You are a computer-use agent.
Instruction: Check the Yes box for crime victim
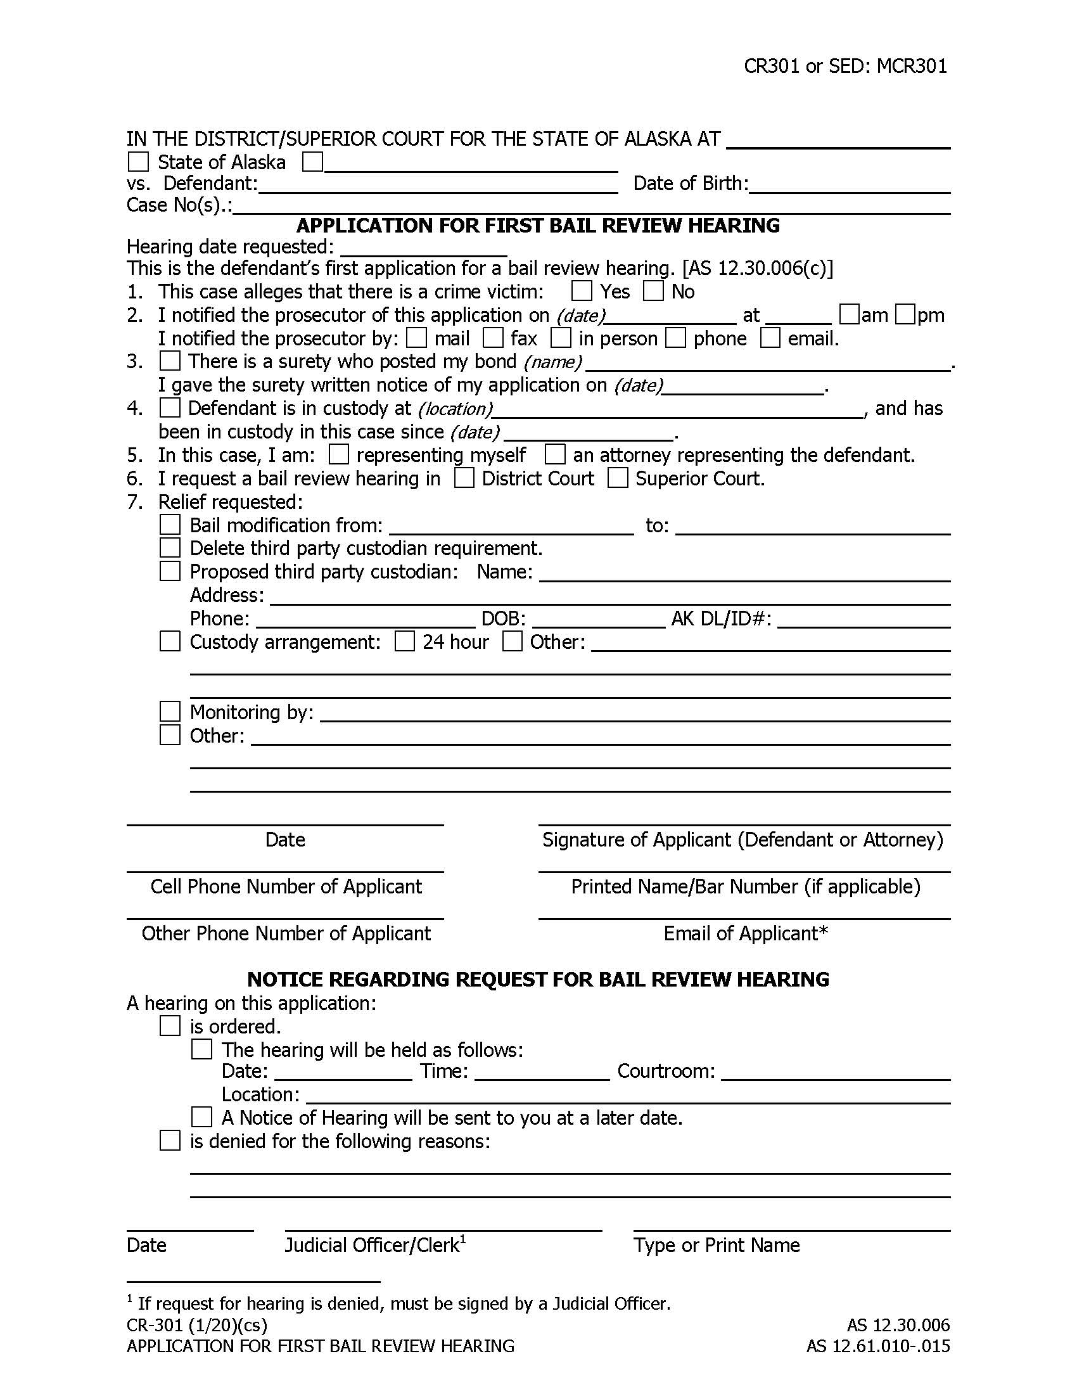click(581, 291)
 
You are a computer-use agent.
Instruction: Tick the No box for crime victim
click(653, 291)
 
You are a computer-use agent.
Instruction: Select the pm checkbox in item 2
click(905, 314)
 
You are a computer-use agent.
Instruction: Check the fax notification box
click(492, 338)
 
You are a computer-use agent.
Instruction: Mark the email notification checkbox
click(770, 338)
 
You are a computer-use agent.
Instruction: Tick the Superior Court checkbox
click(618, 478)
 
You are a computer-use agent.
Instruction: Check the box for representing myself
click(339, 454)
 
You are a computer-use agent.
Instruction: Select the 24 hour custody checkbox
click(405, 641)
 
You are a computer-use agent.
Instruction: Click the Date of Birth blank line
click(850, 185)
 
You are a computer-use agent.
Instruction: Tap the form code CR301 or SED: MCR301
click(845, 67)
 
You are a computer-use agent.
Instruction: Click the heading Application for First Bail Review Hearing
click(538, 226)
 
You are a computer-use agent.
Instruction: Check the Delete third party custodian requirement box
click(170, 547)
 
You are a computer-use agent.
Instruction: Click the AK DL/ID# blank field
click(864, 620)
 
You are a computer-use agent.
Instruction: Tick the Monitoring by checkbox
click(170, 711)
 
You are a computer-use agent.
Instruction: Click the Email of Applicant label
click(745, 933)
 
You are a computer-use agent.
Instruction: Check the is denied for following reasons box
click(170, 1141)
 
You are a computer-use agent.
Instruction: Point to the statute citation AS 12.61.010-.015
click(878, 1346)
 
